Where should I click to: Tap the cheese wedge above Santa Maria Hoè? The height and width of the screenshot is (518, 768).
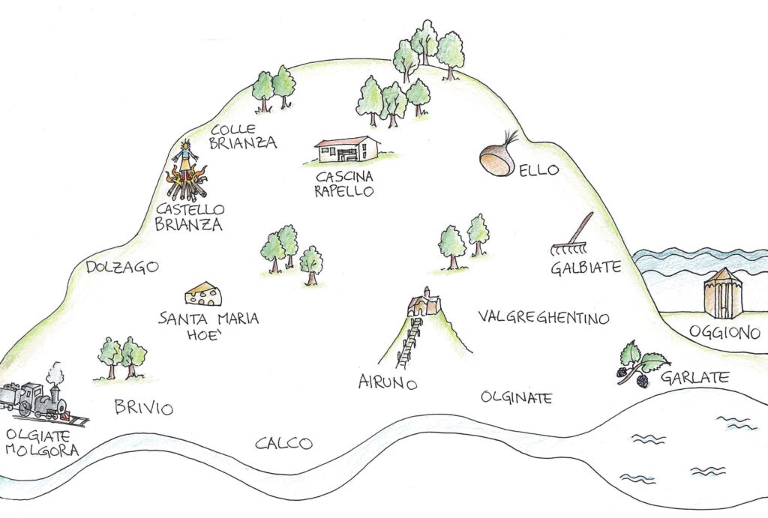(x=203, y=294)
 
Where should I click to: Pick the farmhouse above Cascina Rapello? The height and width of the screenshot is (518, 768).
(x=346, y=149)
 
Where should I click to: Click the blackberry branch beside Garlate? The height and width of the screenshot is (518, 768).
(x=639, y=364)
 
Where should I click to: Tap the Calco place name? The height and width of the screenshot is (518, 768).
(x=283, y=444)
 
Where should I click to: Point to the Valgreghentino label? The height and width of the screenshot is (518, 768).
(x=543, y=319)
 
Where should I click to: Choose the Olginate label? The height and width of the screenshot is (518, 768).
(x=516, y=397)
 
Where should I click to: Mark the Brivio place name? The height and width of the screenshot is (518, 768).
(x=143, y=409)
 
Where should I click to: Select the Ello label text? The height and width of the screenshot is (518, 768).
(x=541, y=170)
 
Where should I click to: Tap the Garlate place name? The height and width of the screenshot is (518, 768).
(x=694, y=378)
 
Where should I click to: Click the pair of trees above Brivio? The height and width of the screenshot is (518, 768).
(x=121, y=358)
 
